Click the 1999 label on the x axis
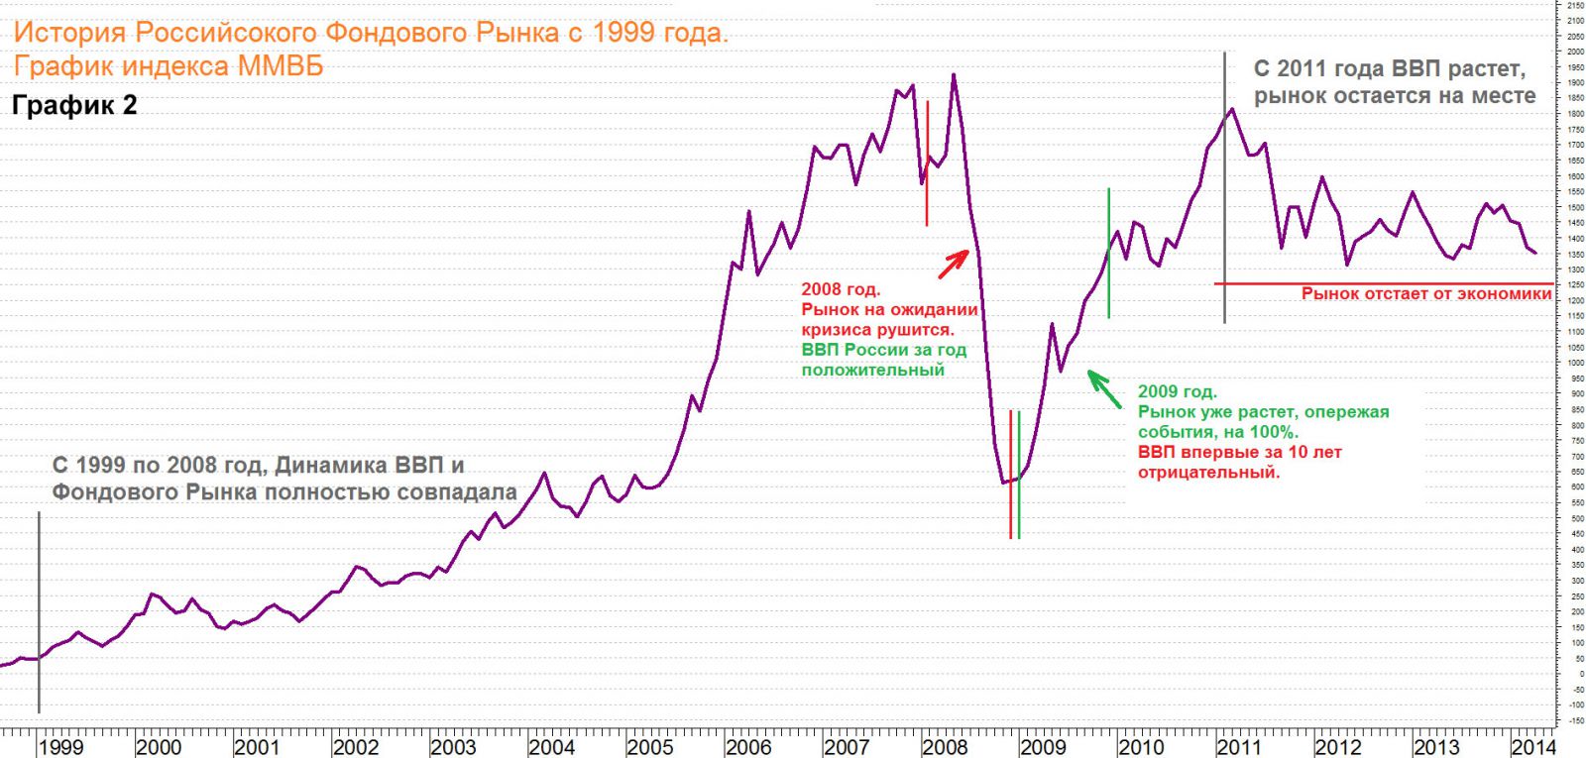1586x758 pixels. [x=61, y=747]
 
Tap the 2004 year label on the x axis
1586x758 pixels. [x=551, y=747]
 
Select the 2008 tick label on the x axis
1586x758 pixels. [x=945, y=747]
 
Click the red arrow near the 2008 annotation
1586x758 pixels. [x=954, y=264]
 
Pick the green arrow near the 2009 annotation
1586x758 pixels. [x=1103, y=388]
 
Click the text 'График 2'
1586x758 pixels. [x=74, y=105]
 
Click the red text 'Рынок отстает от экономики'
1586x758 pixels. [x=1425, y=294]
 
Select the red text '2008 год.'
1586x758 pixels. [x=841, y=289]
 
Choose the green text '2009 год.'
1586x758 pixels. [x=1178, y=391]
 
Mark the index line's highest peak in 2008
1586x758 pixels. [x=954, y=74]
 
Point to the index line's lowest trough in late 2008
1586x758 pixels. [x=1003, y=483]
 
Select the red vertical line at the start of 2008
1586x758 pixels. [x=927, y=163]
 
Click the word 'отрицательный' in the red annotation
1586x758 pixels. [x=1208, y=473]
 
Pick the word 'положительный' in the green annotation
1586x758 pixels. [x=873, y=370]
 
